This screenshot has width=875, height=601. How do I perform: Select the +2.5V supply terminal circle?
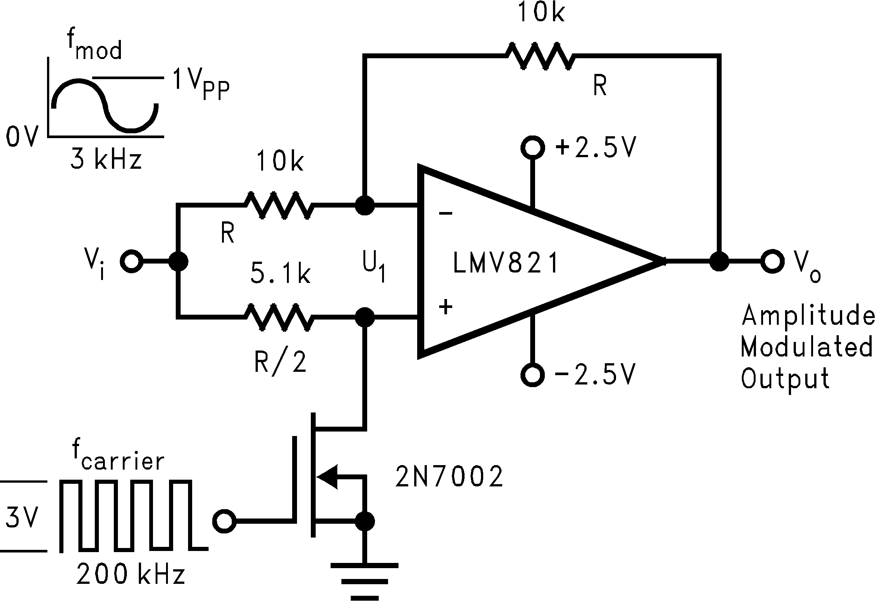(532, 147)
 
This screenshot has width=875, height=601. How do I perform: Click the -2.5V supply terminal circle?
(532, 375)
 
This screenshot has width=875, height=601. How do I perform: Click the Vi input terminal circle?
(131, 261)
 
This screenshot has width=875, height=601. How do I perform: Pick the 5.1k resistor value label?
(280, 274)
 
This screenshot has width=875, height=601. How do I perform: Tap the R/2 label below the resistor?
(280, 362)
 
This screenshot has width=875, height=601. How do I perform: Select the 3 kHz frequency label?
(106, 160)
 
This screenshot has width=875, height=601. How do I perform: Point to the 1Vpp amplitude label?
(200, 84)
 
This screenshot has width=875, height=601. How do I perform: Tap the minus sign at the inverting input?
(446, 214)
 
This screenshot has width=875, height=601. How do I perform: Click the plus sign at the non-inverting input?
(446, 307)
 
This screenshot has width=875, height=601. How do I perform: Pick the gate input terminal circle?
(224, 521)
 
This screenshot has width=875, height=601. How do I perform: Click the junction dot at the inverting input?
(365, 206)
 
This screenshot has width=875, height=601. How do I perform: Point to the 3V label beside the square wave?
(22, 517)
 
